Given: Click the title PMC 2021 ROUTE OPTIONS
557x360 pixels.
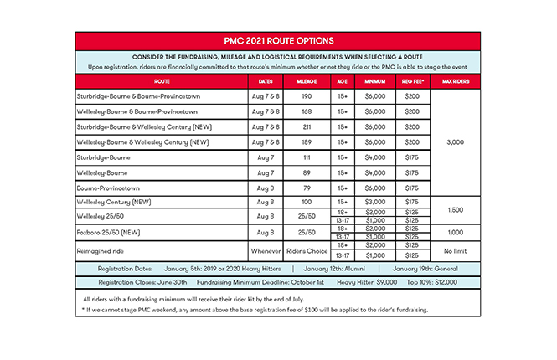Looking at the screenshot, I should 278,40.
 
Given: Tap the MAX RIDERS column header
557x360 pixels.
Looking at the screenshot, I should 452,81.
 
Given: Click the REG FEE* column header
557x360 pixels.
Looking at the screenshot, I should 412,81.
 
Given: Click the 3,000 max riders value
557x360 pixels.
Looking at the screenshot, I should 452,142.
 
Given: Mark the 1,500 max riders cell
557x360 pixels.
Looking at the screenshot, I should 452,210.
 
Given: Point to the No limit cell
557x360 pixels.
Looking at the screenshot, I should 452,251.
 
